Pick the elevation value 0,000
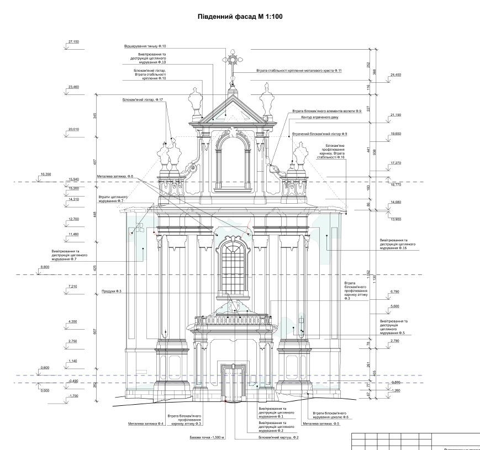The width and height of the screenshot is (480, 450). click(45, 390)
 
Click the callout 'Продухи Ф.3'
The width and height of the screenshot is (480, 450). click(112, 291)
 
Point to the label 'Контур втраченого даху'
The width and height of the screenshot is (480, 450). click(316, 118)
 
